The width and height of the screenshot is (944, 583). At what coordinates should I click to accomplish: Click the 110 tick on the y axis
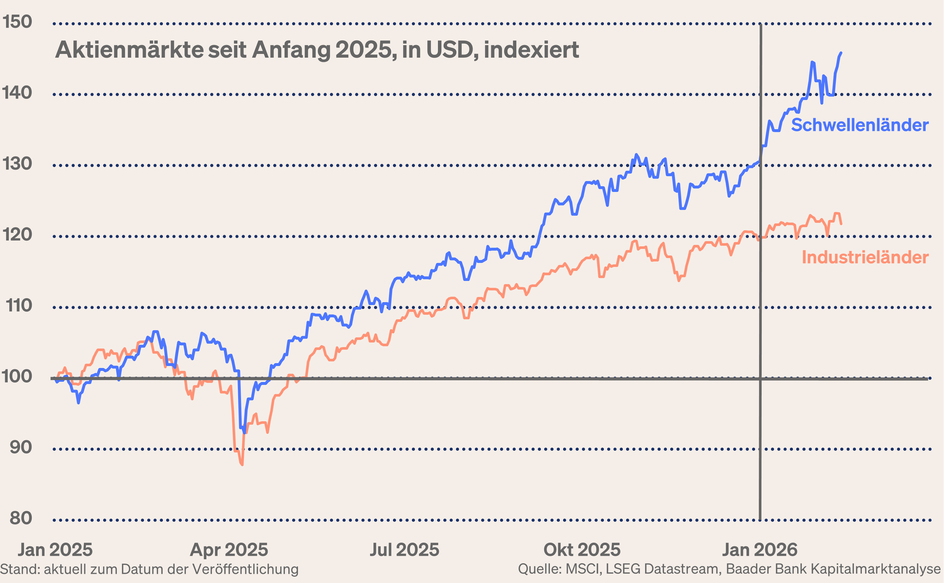pos(18,306)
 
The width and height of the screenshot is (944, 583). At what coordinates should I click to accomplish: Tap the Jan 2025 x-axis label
pos(55,550)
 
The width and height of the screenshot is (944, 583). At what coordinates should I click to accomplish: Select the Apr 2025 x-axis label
pos(229,550)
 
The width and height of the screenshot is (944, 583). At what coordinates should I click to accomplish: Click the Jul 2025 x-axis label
pos(404,550)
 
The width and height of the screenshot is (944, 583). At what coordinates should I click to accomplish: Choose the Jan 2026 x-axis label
pos(759,550)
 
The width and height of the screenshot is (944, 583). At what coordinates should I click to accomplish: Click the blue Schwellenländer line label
pos(860,125)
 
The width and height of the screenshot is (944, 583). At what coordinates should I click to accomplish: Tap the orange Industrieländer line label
pos(865,258)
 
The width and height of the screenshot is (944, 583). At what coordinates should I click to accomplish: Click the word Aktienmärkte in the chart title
pos(129,50)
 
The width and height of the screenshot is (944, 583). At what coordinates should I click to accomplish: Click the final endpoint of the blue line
pos(841,53)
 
